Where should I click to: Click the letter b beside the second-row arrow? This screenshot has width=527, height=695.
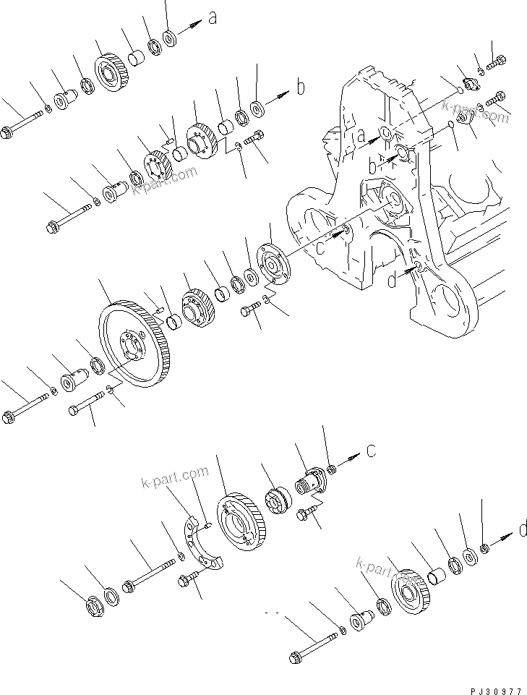[301, 88]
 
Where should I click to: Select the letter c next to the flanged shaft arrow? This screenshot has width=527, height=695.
[371, 451]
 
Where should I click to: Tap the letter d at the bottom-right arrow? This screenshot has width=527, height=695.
[522, 532]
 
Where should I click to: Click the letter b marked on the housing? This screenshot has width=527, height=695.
[373, 166]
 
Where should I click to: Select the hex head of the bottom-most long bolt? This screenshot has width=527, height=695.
[296, 659]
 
